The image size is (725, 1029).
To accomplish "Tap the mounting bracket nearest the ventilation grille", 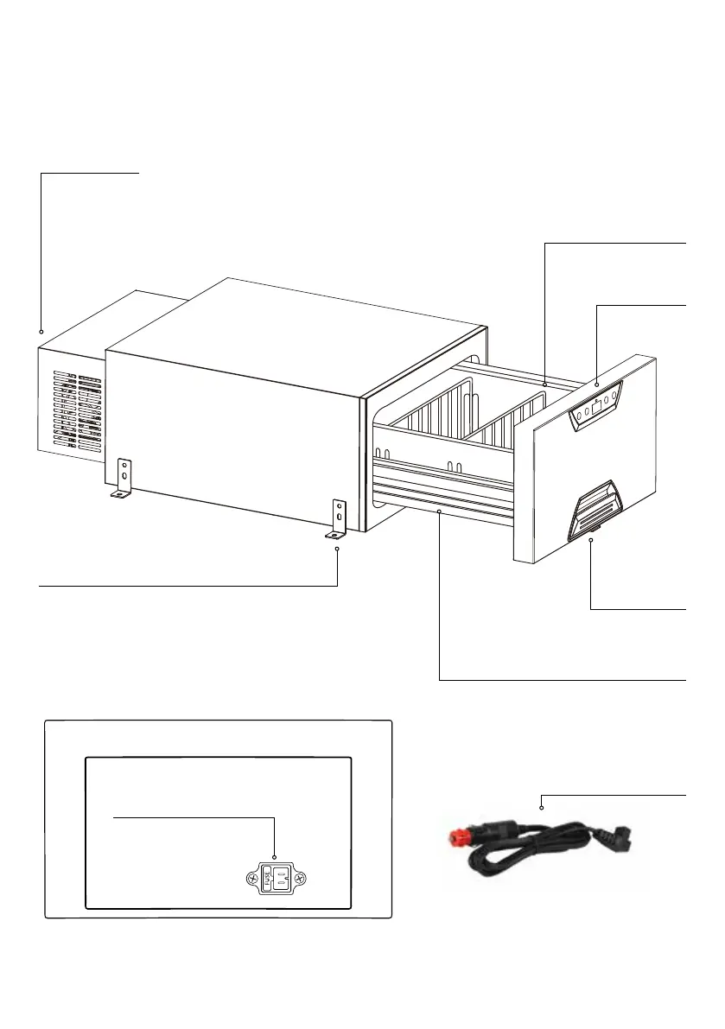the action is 123,479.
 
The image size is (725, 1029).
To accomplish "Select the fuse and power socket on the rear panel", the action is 274,879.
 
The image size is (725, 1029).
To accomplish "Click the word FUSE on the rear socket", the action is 268,880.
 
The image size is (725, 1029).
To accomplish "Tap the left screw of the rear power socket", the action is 250,879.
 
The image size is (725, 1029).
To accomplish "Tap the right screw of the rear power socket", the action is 299,879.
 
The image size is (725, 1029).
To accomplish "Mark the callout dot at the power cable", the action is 541,808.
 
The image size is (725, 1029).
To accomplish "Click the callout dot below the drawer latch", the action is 590,540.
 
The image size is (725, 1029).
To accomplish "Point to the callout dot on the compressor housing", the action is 41,332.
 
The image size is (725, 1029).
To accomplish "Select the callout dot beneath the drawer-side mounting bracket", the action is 337,548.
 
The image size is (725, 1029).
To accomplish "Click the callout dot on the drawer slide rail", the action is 440,512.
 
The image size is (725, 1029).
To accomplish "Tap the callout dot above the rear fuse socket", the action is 274,858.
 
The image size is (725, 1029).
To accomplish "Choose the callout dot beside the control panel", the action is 597,381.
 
